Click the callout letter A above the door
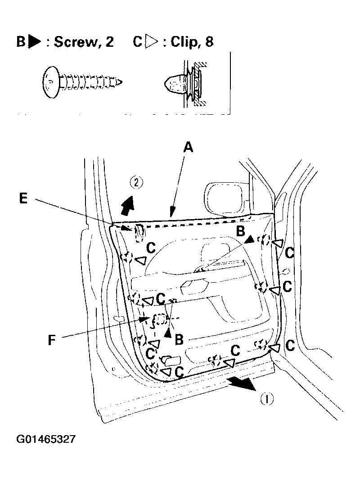(189, 147)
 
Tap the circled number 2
(136, 182)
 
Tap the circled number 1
(267, 399)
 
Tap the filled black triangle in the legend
(34, 43)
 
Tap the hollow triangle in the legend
(151, 43)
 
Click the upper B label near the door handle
(241, 232)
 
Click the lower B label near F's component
(179, 339)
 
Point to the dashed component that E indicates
(139, 230)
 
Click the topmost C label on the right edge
(289, 253)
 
